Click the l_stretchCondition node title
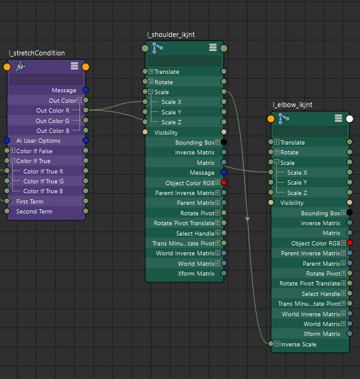pyautogui.click(x=37, y=53)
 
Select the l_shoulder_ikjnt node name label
pyautogui.click(x=171, y=35)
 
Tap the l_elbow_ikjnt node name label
pyautogui.click(x=292, y=105)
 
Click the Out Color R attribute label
pyautogui.click(x=53, y=111)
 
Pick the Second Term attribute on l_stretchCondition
pyautogui.click(x=34, y=212)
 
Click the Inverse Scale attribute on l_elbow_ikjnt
pyautogui.click(x=298, y=344)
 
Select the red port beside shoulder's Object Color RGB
pyautogui.click(x=224, y=182)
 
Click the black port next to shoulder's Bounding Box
pyautogui.click(x=224, y=142)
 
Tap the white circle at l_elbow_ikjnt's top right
pyautogui.click(x=350, y=119)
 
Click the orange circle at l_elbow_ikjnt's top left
pyautogui.click(x=271, y=119)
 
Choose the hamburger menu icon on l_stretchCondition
pyautogui.click(x=74, y=66)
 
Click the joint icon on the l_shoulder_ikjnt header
pyautogui.click(x=158, y=47)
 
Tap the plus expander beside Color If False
pyautogui.click(x=13, y=151)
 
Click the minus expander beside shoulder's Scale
pyautogui.click(x=151, y=92)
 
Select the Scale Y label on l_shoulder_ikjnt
pyautogui.click(x=171, y=113)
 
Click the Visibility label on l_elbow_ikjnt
pyautogui.click(x=292, y=203)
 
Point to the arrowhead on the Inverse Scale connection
pyautogui.click(x=247, y=219)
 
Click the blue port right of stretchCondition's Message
pyautogui.click(x=86, y=90)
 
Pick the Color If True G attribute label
pyautogui.click(x=44, y=182)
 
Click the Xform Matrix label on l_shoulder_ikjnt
pyautogui.click(x=196, y=274)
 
